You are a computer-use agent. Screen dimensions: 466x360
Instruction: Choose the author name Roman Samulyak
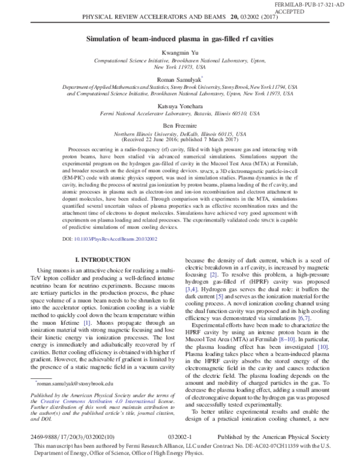click(179, 78)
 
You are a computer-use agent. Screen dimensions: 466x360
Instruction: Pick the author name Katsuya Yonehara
click(179, 104)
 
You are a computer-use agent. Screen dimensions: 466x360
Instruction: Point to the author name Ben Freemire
click(179, 124)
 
